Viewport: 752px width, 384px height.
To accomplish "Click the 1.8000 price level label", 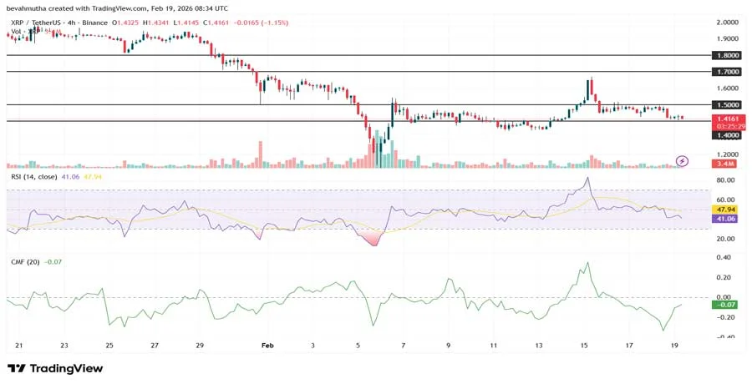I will click(727, 55).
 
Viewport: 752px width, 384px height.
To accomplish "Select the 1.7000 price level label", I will click(727, 72).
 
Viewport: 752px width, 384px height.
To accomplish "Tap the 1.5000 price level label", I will click(727, 105).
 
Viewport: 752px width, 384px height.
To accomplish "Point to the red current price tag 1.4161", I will click(727, 119).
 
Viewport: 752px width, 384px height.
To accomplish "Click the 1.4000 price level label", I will click(727, 134).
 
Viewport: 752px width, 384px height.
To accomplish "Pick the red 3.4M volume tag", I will click(727, 165).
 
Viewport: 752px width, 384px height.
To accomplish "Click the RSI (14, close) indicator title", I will click(33, 177).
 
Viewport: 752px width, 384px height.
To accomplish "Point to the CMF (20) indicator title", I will click(23, 262).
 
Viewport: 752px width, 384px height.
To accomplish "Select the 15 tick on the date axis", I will click(584, 344).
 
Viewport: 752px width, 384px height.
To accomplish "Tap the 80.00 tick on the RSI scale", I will click(725, 180).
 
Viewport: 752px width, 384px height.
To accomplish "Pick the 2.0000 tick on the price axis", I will click(727, 23).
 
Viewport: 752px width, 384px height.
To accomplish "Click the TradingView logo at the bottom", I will click(55, 368).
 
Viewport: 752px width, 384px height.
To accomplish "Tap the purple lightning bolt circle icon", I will click(683, 160).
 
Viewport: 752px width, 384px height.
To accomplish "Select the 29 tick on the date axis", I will click(199, 344).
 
